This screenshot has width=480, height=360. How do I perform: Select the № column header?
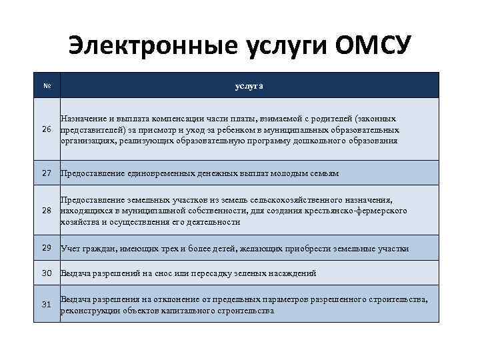pyautogui.click(x=47, y=86)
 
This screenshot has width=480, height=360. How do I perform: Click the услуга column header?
pyautogui.click(x=249, y=86)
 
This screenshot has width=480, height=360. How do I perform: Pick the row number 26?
pyautogui.click(x=47, y=129)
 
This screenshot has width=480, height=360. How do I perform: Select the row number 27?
pyautogui.click(x=47, y=173)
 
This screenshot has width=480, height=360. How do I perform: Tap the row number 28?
pyautogui.click(x=47, y=211)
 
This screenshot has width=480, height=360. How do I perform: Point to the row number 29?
pyautogui.click(x=47, y=248)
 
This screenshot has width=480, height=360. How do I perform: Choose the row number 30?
pyautogui.click(x=47, y=273)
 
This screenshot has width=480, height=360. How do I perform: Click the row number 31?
pyautogui.click(x=47, y=305)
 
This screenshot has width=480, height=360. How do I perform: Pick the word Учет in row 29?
pyautogui.click(x=71, y=249)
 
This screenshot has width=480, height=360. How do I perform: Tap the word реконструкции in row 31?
pyautogui.click(x=90, y=311)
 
